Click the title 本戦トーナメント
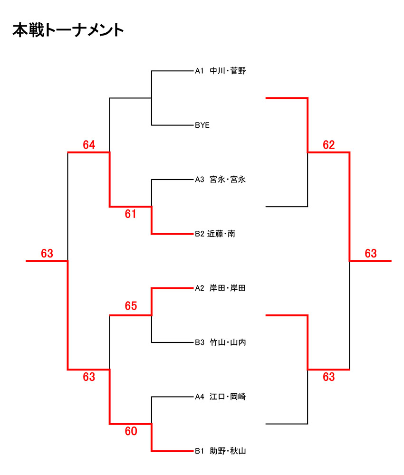pos(68,30)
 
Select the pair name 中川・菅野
pos(228,71)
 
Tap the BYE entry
pos(202,125)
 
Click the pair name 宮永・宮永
pos(228,180)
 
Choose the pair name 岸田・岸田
pos(228,288)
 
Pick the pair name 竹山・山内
pos(228,342)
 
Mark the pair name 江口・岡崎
pos(228,396)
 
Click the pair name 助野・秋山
pos(228,451)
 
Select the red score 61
pos(131,214)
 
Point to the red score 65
pos(131,306)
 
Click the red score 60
pos(131,431)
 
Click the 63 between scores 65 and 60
pos(89,377)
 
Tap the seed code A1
pos(199,71)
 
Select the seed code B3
pos(199,342)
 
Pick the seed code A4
pos(199,396)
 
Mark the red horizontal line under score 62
pos(329,152)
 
